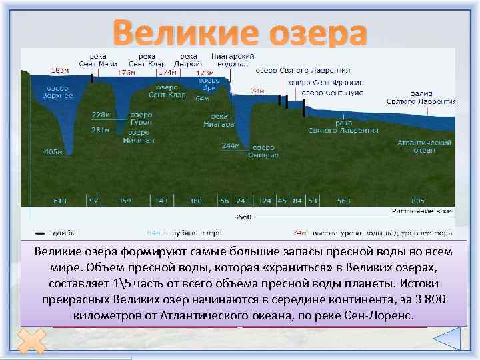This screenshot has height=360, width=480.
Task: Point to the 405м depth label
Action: [x=53, y=152]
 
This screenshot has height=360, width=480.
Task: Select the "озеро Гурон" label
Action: [x=141, y=119]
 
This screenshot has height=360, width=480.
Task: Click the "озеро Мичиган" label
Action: [x=140, y=136]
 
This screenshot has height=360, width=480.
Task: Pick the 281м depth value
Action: [x=101, y=129]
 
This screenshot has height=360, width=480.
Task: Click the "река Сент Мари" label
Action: [x=93, y=60]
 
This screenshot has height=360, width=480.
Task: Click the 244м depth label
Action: [x=230, y=145]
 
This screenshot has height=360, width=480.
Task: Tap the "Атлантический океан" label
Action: [x=424, y=147]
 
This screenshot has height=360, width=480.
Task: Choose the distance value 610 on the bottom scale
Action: [x=60, y=201]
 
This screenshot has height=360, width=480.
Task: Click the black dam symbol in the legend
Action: [x=40, y=233]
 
